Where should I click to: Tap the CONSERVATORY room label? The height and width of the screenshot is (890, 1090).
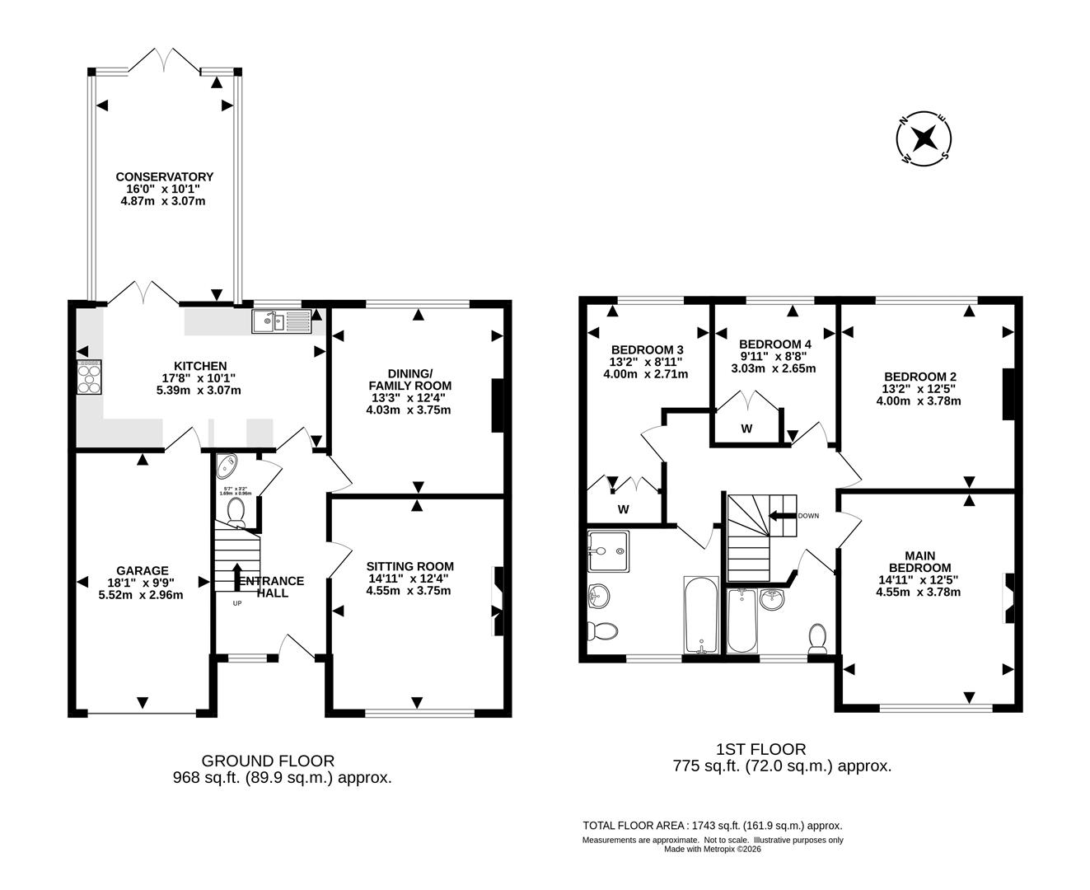pos(164,176)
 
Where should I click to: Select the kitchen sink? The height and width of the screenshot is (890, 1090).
pos(281,321)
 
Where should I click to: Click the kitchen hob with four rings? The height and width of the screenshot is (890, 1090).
pos(89,378)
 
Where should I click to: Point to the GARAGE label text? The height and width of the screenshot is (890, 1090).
pos(142,570)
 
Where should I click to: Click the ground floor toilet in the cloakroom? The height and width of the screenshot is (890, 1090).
pos(236,511)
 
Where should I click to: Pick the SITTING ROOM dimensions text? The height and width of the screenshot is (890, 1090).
pos(409,590)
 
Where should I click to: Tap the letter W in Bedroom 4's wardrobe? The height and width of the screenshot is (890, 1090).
pos(746,429)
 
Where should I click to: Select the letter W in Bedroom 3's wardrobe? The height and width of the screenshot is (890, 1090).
pos(624,509)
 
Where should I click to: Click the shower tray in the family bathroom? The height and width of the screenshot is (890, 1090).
pos(609,550)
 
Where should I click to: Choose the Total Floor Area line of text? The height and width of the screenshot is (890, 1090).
pos(712,825)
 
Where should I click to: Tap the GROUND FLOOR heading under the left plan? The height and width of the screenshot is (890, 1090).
pos(269,761)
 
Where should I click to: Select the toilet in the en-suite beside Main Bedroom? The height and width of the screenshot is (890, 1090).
pos(818,638)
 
